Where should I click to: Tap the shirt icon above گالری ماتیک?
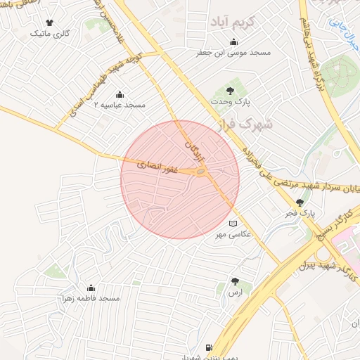coord(49,22)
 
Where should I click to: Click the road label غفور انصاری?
coord(162,167)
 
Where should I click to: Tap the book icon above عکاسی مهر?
coord(233,223)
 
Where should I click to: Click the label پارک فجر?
coord(302,211)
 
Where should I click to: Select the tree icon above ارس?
coord(235,281)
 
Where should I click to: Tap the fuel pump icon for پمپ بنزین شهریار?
coord(208,347)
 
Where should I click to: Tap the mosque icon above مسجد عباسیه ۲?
coord(120,94)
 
